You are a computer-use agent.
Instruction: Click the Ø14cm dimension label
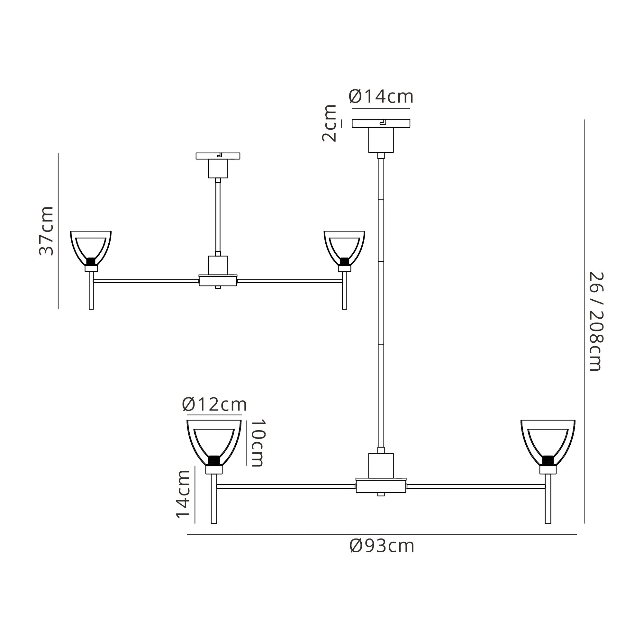pos(381,96)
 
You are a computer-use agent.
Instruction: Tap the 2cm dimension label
pos(329,123)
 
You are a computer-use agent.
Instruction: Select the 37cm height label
pos(46,231)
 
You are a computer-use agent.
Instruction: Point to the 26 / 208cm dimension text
pos(596,321)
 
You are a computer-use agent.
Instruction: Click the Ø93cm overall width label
pos(382,546)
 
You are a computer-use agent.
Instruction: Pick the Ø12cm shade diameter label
pos(214,405)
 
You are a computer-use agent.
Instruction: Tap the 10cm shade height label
pos(258,443)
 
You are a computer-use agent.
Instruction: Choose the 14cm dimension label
pos(183,494)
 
